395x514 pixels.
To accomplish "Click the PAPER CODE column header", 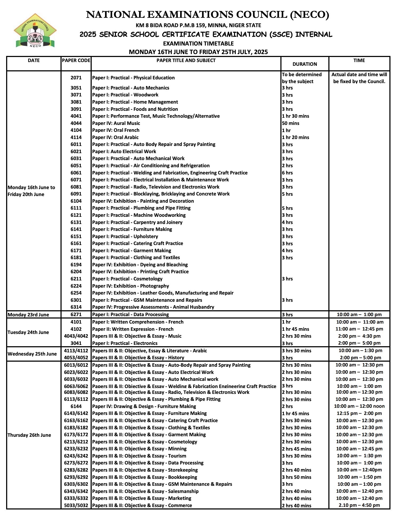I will pyautogui.click(x=76, y=60).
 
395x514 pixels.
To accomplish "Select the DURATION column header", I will pyautogui.click(x=305, y=64).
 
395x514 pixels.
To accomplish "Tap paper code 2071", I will pyautogui.click(x=76, y=78).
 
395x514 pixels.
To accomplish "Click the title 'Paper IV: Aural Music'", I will pyautogui.click(x=116, y=123).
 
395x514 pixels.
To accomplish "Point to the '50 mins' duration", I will pyautogui.click(x=291, y=123).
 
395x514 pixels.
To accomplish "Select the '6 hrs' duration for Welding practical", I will pyautogui.click(x=287, y=173).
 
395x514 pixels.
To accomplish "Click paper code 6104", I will pyautogui.click(x=76, y=201).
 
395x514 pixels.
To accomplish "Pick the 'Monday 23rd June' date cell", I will pyautogui.click(x=28, y=315).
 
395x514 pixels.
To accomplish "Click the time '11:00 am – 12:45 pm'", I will pyautogui.click(x=359, y=329).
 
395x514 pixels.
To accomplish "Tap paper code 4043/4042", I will pyautogui.click(x=76, y=336).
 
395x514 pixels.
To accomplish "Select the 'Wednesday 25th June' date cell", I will pyautogui.click(x=32, y=354).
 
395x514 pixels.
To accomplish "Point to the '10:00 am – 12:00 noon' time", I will pyautogui.click(x=359, y=406).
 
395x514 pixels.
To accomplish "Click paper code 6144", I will pyautogui.click(x=76, y=406).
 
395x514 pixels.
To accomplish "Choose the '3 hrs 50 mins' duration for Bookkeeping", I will pyautogui.click(x=296, y=477).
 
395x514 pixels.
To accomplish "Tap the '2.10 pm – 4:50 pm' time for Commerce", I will pyautogui.click(x=359, y=505).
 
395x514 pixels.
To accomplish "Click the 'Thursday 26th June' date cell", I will pyautogui.click(x=29, y=435).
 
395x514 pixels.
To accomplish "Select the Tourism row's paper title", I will pyautogui.click(x=139, y=456).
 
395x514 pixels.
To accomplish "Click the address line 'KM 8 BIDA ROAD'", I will pyautogui.click(x=198, y=26).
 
